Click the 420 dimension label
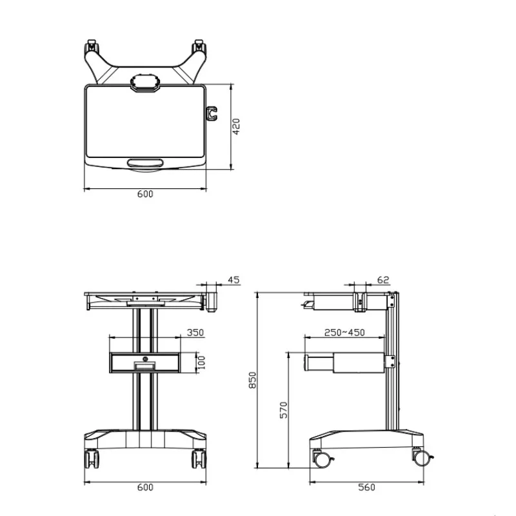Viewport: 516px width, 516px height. point(236,126)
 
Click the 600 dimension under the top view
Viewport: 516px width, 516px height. point(145,194)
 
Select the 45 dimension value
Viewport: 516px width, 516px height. point(233,280)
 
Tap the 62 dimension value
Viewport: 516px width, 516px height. point(383,280)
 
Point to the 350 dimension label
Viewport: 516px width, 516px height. point(195,332)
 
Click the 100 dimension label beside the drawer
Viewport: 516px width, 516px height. point(201,362)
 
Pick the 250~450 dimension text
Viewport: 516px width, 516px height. point(344,332)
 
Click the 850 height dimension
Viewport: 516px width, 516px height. point(252,380)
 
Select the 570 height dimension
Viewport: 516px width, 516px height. point(283,410)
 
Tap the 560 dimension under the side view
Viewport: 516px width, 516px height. point(366,487)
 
